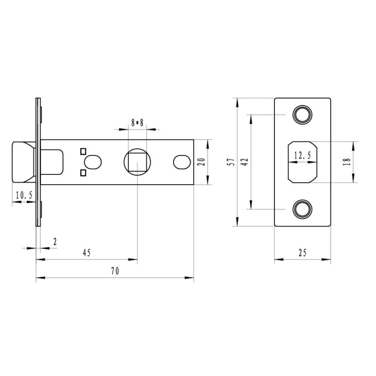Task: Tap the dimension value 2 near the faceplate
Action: [x=55, y=242]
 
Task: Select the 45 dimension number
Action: [x=87, y=253]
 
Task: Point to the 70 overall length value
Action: [x=115, y=271]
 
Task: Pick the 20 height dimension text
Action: [x=202, y=162]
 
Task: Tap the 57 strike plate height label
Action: [x=232, y=162]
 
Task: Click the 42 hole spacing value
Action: [x=245, y=162]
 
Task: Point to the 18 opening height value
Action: [x=347, y=162]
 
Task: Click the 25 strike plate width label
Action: [x=303, y=253]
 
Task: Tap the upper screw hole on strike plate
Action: [x=303, y=115]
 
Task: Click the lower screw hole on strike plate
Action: [x=303, y=209]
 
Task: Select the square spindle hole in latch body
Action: [x=138, y=162]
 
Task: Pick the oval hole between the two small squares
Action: [x=93, y=162]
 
